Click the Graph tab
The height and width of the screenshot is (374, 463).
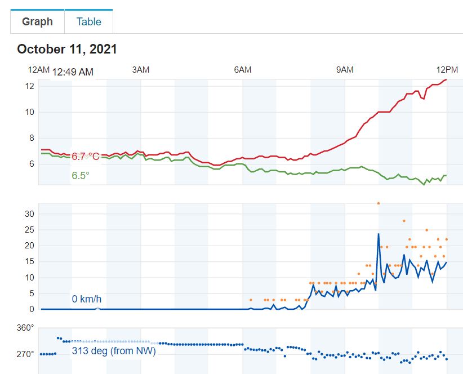tap(37, 22)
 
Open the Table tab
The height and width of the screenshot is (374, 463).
tap(89, 22)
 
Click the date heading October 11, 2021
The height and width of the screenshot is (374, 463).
tap(67, 49)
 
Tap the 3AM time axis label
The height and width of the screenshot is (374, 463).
tap(140, 70)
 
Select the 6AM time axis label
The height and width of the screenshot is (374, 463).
tap(242, 70)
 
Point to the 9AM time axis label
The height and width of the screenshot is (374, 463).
tap(345, 70)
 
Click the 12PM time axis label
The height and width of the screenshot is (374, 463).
tap(447, 70)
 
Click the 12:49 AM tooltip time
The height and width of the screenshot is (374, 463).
tap(73, 72)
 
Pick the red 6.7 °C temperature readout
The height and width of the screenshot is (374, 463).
tap(86, 156)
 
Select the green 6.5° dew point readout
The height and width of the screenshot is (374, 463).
tap(81, 176)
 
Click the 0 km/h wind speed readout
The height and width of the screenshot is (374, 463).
tap(86, 299)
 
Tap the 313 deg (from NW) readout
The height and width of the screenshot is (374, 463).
tap(114, 351)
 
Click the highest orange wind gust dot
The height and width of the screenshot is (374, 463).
tap(379, 203)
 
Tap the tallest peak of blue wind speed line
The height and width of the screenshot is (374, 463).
tap(379, 234)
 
